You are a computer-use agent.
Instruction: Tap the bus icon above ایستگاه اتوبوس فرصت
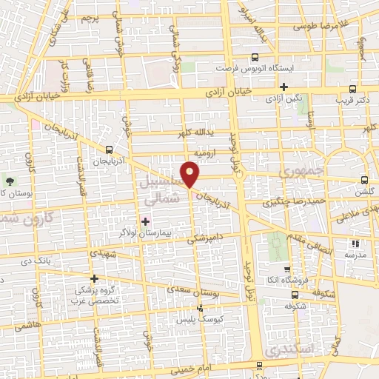pyautogui.click(x=255, y=56)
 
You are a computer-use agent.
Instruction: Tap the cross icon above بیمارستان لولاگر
pyautogui.click(x=146, y=221)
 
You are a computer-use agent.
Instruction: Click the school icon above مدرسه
pyautogui.click(x=355, y=243)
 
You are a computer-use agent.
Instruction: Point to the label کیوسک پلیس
pyautogui.click(x=195, y=319)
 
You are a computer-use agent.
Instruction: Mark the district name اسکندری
pyautogui.click(x=292, y=348)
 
